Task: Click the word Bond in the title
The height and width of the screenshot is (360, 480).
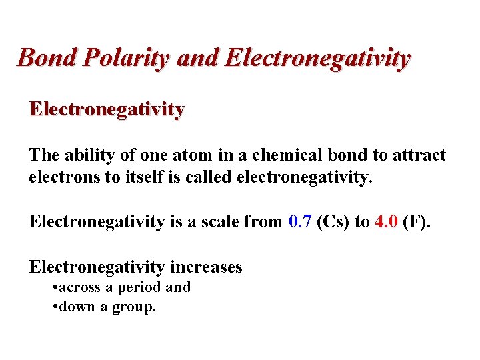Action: point(42,57)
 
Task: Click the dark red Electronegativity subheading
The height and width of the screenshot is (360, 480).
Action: point(107,109)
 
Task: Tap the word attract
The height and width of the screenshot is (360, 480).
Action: point(418,155)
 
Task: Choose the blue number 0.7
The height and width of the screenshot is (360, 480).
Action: point(301,222)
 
